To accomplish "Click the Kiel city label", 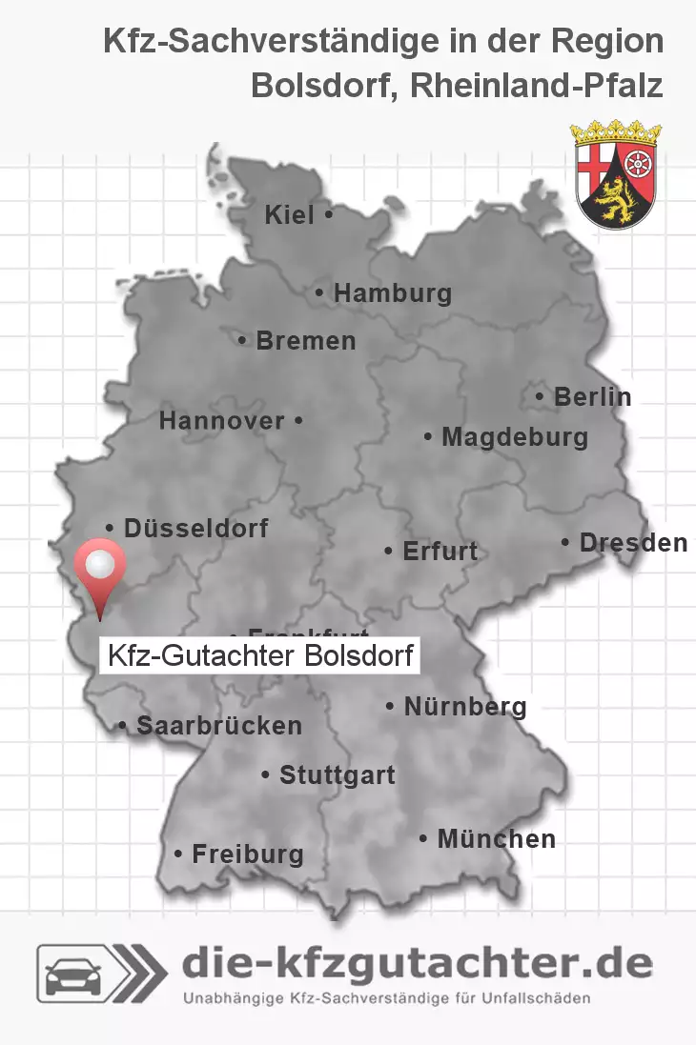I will point(290,215).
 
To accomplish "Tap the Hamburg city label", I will point(392,293).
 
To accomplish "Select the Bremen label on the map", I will point(305,340).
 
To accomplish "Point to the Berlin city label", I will point(592,396).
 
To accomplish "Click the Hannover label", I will point(222,420).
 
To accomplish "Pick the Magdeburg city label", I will point(514,437).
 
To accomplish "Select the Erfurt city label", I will point(440,551).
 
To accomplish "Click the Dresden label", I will point(633,543).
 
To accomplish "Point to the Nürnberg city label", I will point(465,707).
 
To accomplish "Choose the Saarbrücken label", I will point(219,726).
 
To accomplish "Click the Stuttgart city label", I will point(337,775).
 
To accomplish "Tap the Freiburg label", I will point(248,854).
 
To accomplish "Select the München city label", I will point(496,839).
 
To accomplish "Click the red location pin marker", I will point(99,570).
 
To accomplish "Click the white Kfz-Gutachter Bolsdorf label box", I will point(259,655).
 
